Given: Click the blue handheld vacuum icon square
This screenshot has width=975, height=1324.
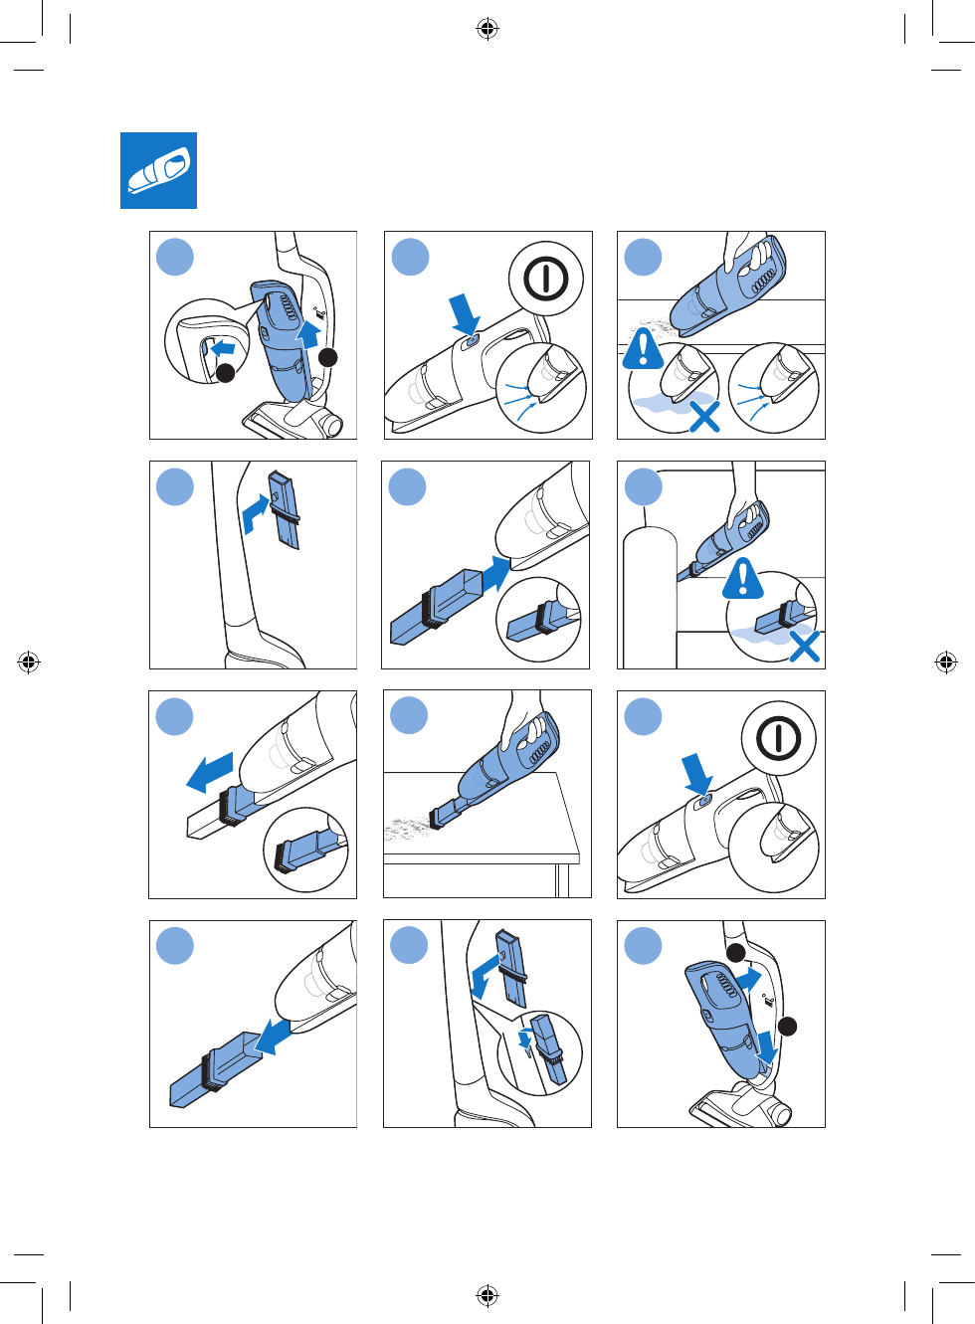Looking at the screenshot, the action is coord(158,170).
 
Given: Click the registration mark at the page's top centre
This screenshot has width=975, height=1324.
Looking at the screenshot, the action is coord(487,29).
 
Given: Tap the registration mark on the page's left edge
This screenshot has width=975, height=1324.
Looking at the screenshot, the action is coord(29,662).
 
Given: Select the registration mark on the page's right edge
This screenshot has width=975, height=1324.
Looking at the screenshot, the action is coord(946,662).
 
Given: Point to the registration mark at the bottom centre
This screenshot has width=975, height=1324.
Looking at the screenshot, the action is coord(487,1295).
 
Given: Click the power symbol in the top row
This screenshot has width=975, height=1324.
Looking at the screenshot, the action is coord(545,279).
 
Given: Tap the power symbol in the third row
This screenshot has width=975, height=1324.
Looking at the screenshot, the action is coord(778,739).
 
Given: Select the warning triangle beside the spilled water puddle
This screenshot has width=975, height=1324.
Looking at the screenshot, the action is coord(644,349).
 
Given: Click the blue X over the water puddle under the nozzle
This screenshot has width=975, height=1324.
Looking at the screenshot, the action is coord(704,416).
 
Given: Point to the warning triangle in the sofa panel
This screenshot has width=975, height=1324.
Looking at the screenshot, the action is coord(743,579).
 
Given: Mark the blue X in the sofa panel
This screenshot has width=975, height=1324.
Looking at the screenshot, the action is coord(804,647).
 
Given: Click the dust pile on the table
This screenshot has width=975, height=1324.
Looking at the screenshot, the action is coord(405,827).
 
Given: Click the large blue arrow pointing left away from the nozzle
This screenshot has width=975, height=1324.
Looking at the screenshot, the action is coord(210,772).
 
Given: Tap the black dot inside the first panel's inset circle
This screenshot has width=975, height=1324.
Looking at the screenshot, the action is coord(226,372).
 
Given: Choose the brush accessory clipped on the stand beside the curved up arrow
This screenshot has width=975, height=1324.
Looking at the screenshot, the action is coord(287,510).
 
